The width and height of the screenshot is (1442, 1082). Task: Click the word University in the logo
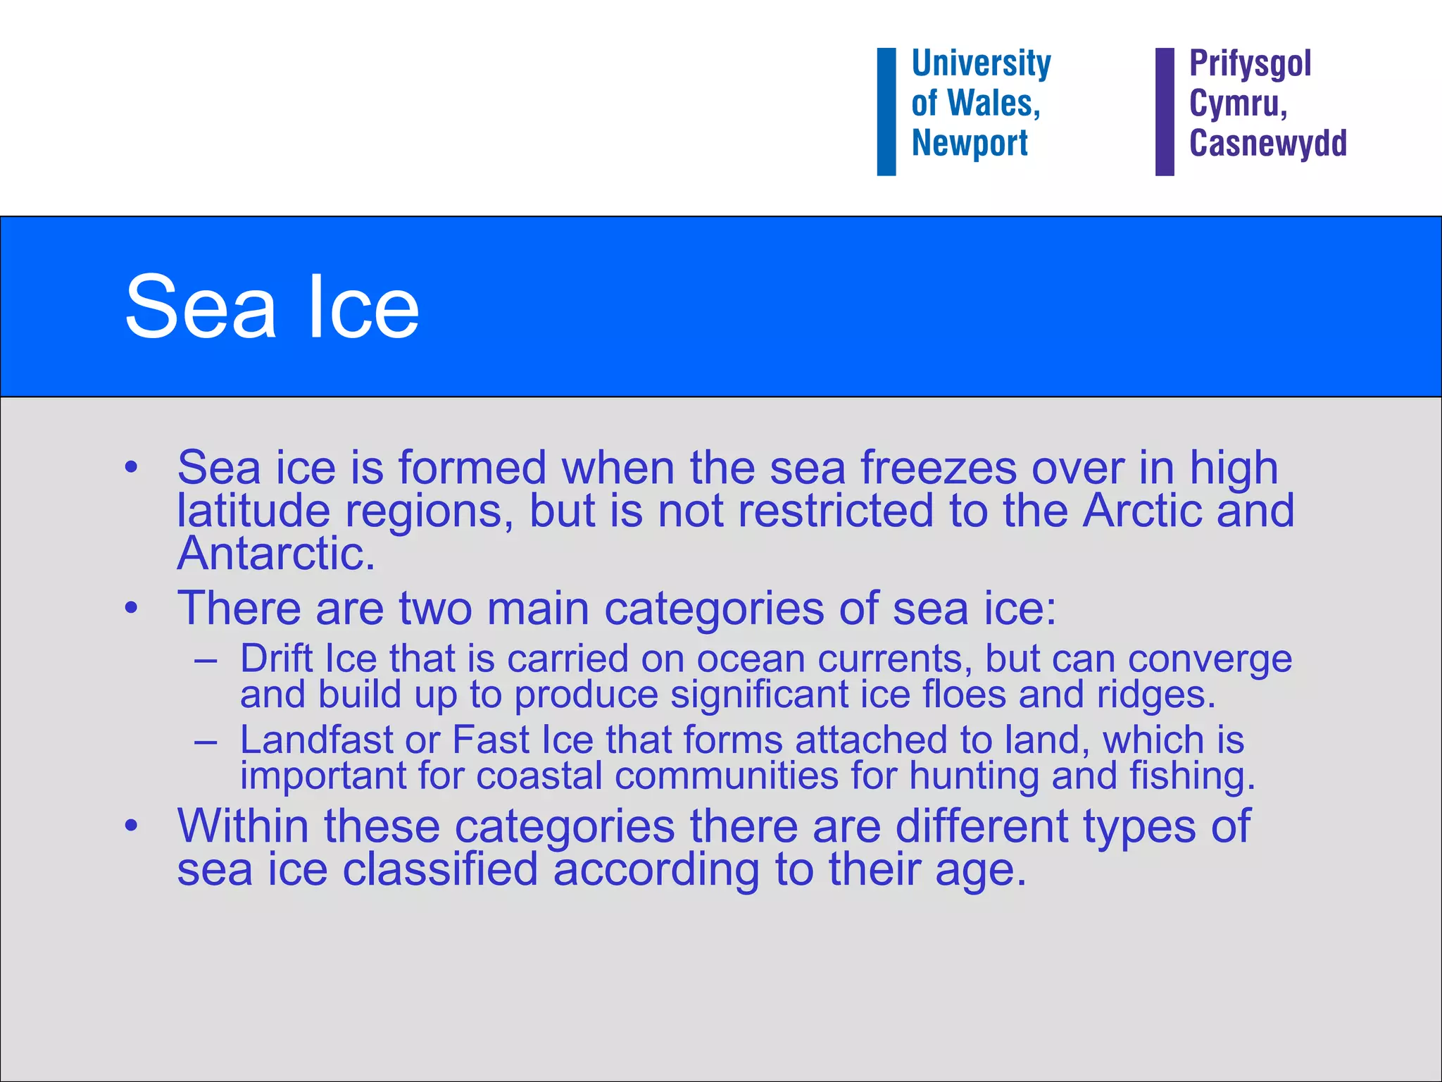point(981,65)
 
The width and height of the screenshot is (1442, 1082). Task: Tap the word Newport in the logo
point(970,144)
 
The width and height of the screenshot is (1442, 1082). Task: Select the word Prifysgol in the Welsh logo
point(1250,65)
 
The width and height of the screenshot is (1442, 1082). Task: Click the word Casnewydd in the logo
point(1268,144)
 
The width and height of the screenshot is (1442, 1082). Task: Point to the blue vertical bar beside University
point(886,111)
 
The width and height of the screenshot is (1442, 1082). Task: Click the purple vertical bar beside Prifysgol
point(1165,111)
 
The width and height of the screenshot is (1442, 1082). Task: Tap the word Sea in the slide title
point(201,307)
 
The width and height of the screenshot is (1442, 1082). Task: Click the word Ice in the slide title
point(363,307)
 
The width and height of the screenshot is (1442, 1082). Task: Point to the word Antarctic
point(275,554)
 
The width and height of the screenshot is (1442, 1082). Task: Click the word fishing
point(1192,776)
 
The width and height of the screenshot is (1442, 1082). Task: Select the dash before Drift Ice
point(206,661)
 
